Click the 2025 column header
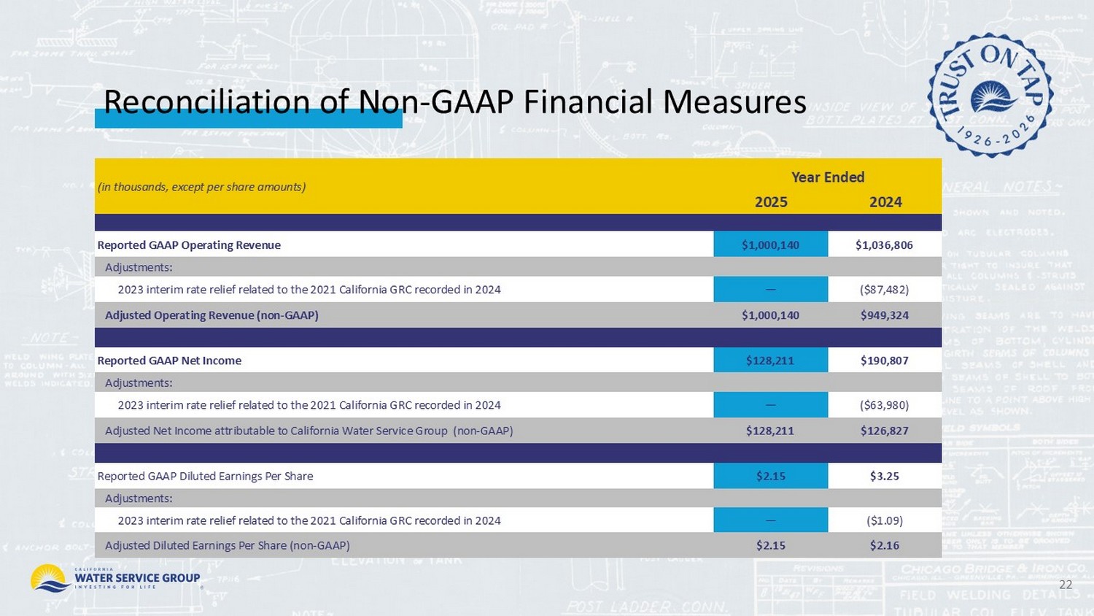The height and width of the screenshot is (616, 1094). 771,202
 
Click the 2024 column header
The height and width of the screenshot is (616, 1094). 885,202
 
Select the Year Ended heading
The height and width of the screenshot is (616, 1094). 828,177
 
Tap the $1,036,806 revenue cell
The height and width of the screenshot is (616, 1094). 884,245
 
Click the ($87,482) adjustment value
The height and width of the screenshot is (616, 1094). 884,290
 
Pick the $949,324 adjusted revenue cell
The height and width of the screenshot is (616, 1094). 884,315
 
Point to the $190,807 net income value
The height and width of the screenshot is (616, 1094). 884,361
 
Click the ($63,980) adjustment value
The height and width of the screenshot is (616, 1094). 884,405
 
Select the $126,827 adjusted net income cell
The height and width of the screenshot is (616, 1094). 884,431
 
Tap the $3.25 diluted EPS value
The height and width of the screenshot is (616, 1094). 884,476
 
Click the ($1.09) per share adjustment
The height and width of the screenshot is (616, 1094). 884,520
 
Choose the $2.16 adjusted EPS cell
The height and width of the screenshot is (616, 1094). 884,545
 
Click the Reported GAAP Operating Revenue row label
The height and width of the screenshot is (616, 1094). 189,245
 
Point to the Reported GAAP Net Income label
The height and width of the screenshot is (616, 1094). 169,361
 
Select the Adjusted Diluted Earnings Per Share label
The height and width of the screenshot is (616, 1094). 227,545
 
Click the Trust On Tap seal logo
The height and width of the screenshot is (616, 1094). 990,95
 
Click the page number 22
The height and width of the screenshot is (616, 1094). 1066,585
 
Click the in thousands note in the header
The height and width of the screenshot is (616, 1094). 201,187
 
